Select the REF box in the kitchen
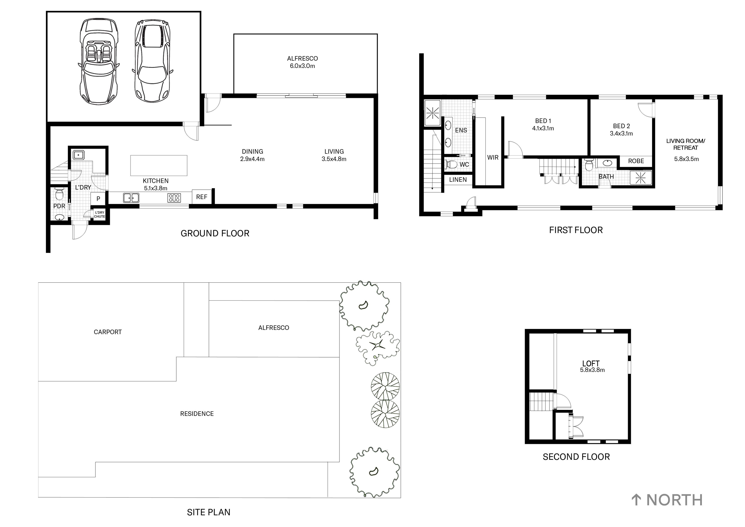point(202,197)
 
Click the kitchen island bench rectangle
point(158,165)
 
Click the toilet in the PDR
point(59,194)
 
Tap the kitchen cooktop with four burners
point(174,198)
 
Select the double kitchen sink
point(131,198)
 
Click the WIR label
point(492,158)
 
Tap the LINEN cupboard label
point(458,180)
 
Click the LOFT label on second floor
point(591,364)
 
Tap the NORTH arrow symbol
point(636,500)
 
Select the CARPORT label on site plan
point(107,332)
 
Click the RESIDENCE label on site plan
point(197,414)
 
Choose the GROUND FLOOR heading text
point(215,233)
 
